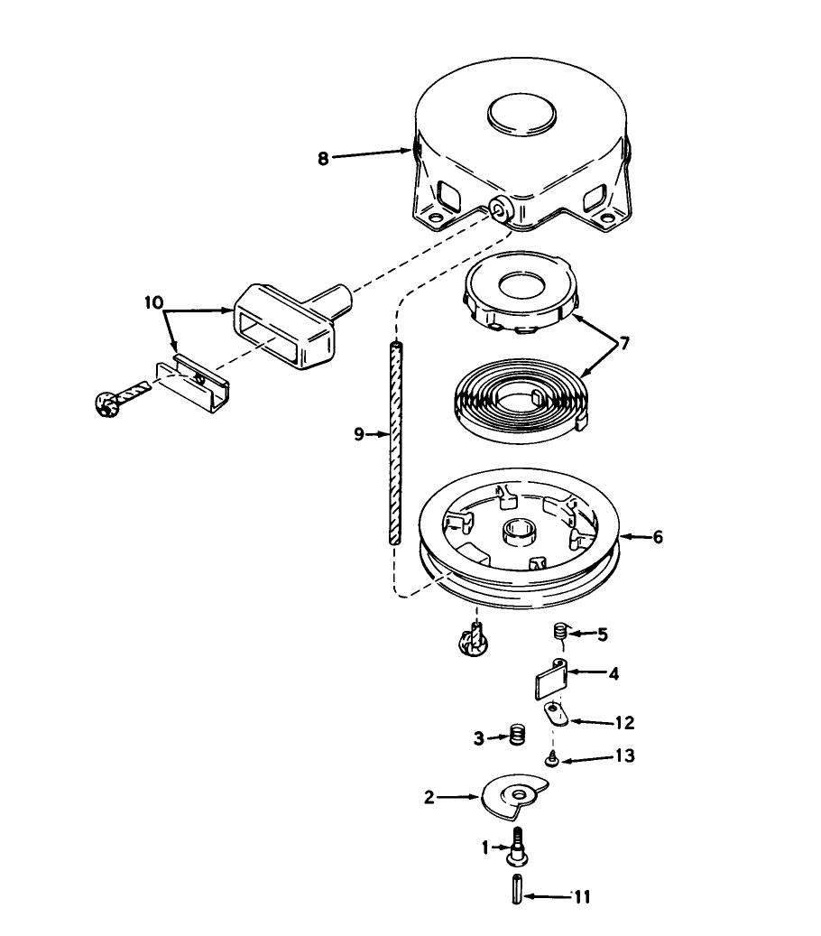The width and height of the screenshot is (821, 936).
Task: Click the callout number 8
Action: pos(322,157)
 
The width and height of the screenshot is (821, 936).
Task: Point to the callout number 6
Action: pos(657,537)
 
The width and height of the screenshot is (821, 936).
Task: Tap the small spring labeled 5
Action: pos(559,634)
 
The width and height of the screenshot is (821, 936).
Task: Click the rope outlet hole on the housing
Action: pos(497,209)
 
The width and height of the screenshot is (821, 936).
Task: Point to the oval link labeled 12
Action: pos(554,715)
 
